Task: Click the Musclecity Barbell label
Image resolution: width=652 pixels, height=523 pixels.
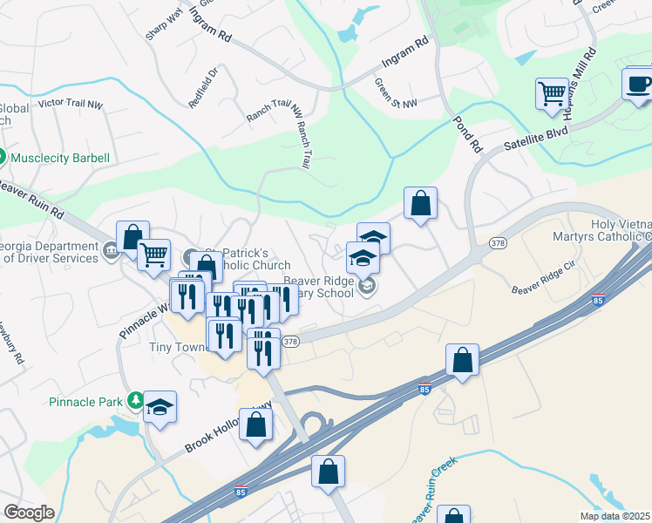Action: coord(60,158)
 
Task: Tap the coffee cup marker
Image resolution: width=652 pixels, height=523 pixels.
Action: coord(638,84)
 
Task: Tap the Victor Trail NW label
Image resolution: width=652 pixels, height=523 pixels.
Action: coord(71,105)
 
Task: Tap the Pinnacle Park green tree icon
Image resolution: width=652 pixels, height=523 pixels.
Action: coord(135,400)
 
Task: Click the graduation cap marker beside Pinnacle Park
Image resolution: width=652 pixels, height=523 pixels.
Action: coord(160,407)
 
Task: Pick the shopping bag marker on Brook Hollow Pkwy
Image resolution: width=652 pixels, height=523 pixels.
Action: coord(255,425)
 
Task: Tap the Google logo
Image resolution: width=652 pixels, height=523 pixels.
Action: coord(29,513)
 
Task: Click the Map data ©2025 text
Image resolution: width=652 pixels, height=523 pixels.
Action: coord(615,516)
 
